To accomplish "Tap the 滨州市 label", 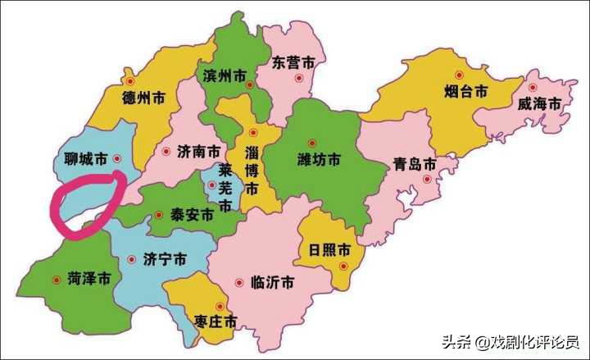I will point(224,76).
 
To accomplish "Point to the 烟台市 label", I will point(466,90).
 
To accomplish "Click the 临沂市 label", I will point(271,282).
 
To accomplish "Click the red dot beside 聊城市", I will point(117,157).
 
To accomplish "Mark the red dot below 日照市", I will point(345,266).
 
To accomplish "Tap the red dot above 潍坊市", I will point(311,141).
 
